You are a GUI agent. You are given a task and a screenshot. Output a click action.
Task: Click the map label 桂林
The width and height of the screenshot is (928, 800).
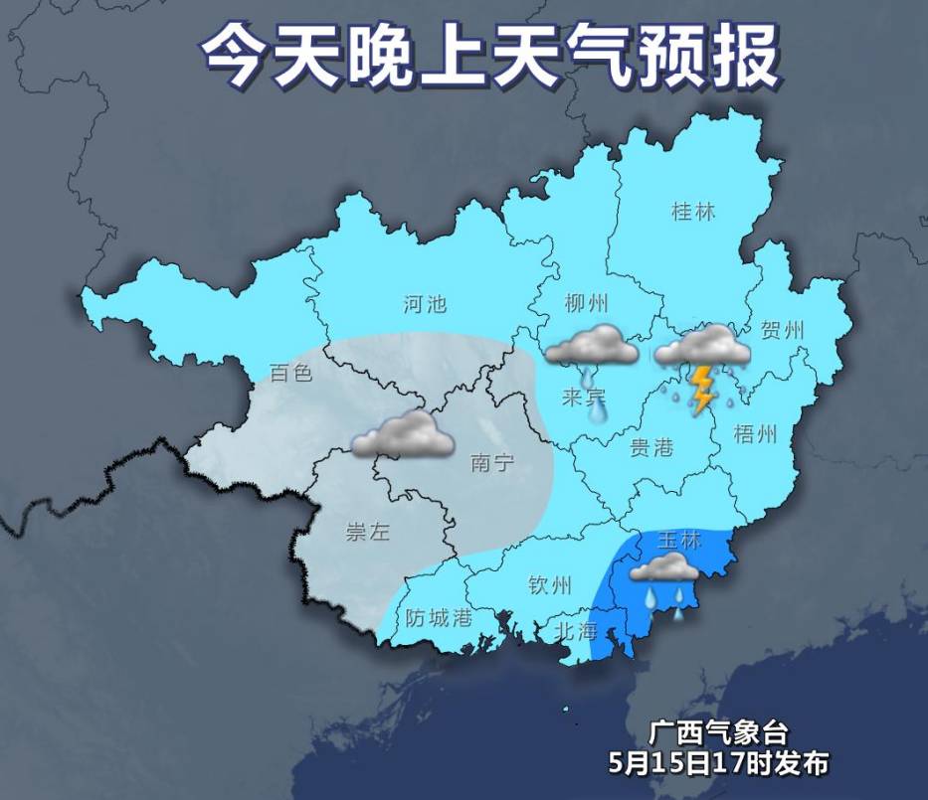[x=693, y=212]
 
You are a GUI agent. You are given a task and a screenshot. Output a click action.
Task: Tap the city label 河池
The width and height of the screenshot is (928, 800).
[x=425, y=304]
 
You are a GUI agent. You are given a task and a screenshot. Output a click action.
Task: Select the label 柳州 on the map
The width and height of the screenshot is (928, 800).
[x=586, y=304]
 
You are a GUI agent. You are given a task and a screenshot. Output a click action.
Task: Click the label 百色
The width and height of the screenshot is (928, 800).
[x=291, y=374]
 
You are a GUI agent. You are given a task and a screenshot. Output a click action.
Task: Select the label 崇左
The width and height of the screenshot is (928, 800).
[x=367, y=533]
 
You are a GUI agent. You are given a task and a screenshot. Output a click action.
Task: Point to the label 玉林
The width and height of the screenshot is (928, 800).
[x=680, y=542]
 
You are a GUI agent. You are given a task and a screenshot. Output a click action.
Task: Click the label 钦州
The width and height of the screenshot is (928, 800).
[x=550, y=584]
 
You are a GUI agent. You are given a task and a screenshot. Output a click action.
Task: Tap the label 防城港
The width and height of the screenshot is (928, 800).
[x=439, y=617]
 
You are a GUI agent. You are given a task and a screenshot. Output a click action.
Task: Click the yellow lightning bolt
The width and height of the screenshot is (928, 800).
[x=702, y=389]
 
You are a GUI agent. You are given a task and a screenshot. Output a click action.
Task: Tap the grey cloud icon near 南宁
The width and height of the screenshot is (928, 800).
[x=403, y=435]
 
